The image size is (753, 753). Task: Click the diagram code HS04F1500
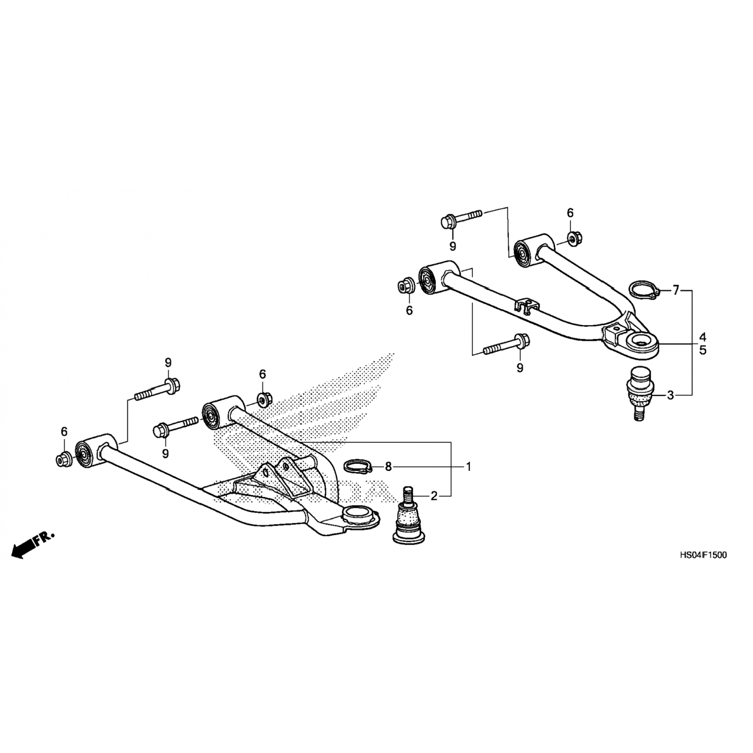[x=702, y=555]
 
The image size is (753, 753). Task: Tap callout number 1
[x=468, y=467]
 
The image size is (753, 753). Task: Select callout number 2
[x=434, y=496]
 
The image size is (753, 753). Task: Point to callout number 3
[x=670, y=396]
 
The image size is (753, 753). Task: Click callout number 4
[x=703, y=336]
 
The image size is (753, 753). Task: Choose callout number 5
[x=703, y=350]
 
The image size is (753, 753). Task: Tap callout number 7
[x=676, y=290]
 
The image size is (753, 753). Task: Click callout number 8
[x=388, y=467]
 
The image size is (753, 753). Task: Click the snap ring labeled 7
[x=642, y=291]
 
